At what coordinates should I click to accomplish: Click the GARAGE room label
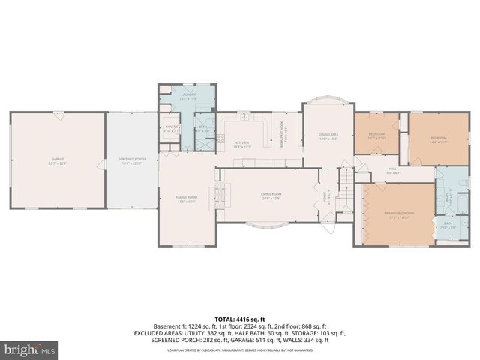coord(57,161)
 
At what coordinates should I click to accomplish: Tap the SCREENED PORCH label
coord(130,161)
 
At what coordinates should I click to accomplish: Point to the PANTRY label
coord(170,129)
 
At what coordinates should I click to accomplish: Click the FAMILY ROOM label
coord(186,199)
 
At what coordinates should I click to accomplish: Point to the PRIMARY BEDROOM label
coord(399,214)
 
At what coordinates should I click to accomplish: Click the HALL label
coord(392,171)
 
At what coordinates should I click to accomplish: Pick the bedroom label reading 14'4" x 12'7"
coord(438,139)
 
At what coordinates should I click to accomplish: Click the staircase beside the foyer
coord(346,180)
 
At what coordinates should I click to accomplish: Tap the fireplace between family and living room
coord(219,194)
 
